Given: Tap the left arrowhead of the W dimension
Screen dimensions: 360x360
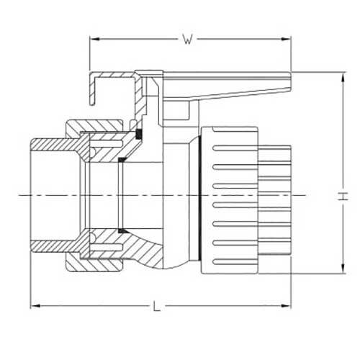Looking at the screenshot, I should (91, 41).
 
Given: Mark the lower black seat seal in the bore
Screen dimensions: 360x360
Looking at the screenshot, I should (123, 230).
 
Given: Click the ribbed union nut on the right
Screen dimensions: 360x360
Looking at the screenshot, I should (230, 194).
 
